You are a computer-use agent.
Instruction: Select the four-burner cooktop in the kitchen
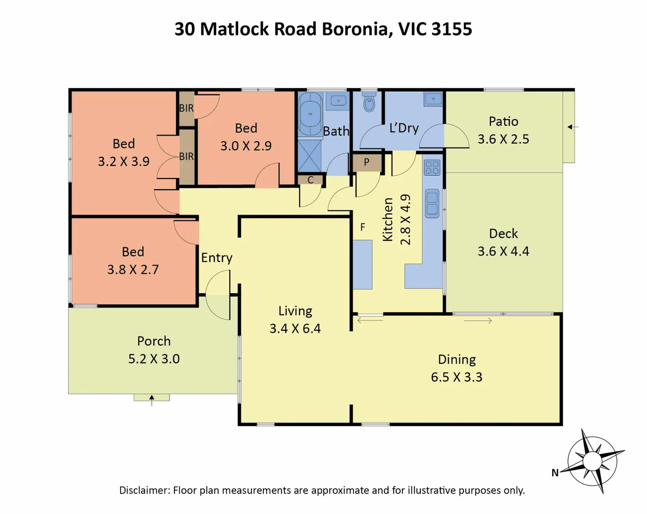coord(432,168)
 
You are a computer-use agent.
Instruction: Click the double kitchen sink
coord(432,203)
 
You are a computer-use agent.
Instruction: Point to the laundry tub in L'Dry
coord(433,99)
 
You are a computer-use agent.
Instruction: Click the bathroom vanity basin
coord(338,101)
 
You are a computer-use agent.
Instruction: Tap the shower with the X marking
coord(309,156)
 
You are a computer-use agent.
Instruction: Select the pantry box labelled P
coord(367,162)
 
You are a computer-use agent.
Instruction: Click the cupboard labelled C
coord(310,180)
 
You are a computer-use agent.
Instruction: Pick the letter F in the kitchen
coord(363,227)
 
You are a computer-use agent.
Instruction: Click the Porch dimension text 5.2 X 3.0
coord(154,359)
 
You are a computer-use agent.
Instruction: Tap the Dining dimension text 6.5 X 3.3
coord(457,377)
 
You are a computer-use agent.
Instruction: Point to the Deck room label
coord(503,234)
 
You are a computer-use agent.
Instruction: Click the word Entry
coord(217,258)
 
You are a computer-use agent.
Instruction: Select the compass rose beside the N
coord(593,461)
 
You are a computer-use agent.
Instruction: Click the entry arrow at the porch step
coord(152,400)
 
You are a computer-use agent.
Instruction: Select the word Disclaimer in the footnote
coord(144,490)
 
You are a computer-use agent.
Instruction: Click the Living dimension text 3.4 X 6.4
coord(295,329)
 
